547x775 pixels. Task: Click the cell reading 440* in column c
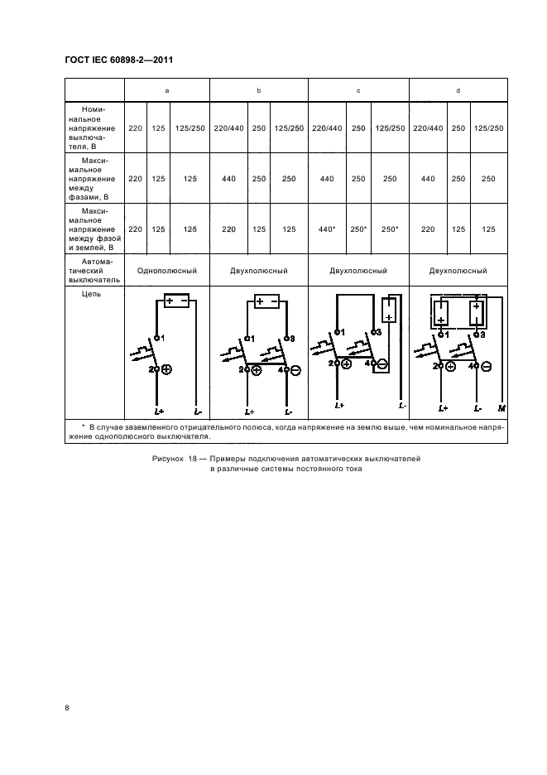tap(327, 229)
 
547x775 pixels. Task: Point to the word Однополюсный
tap(166, 271)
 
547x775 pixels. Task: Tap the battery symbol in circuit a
tap(177, 301)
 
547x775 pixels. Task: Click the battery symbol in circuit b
tap(267, 301)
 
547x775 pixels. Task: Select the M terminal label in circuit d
tap(501, 408)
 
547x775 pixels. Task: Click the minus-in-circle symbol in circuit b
tap(295, 370)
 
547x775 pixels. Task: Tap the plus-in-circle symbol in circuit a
tap(166, 370)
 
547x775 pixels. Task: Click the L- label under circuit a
tap(196, 411)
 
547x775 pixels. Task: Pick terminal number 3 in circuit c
tap(377, 331)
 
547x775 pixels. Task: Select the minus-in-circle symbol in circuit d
tap(486, 366)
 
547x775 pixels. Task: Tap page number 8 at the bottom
tap(67, 707)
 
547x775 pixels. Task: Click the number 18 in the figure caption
tap(195, 458)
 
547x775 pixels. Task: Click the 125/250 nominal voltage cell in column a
tap(190, 128)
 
